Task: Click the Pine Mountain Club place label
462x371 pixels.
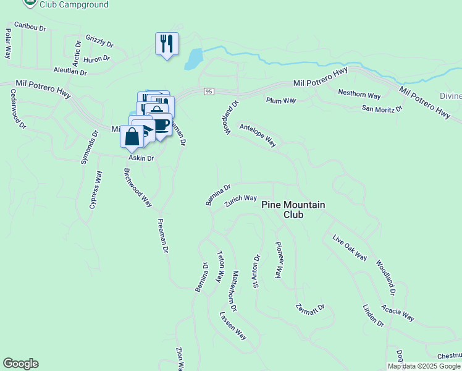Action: pyautogui.click(x=293, y=210)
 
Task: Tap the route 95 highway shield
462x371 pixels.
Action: pyautogui.click(x=209, y=92)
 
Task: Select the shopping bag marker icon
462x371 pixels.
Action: pyautogui.click(x=132, y=137)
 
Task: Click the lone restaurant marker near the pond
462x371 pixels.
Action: pyautogui.click(x=167, y=43)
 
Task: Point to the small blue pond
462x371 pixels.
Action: pyautogui.click(x=193, y=59)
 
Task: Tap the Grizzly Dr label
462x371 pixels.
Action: pyautogui.click(x=100, y=41)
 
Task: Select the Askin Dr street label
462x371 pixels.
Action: pyautogui.click(x=141, y=158)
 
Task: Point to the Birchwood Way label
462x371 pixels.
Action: pyautogui.click(x=138, y=187)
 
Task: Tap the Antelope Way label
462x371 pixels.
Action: pyautogui.click(x=258, y=134)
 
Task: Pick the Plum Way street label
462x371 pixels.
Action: pyautogui.click(x=281, y=100)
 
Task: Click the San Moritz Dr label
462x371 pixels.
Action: pyautogui.click(x=382, y=109)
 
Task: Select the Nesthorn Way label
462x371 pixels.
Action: pyautogui.click(x=359, y=95)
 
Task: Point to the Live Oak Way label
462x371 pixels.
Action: pyautogui.click(x=350, y=248)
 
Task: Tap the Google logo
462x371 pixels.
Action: pyautogui.click(x=20, y=364)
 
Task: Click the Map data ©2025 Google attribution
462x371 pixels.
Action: pyautogui.click(x=423, y=366)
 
